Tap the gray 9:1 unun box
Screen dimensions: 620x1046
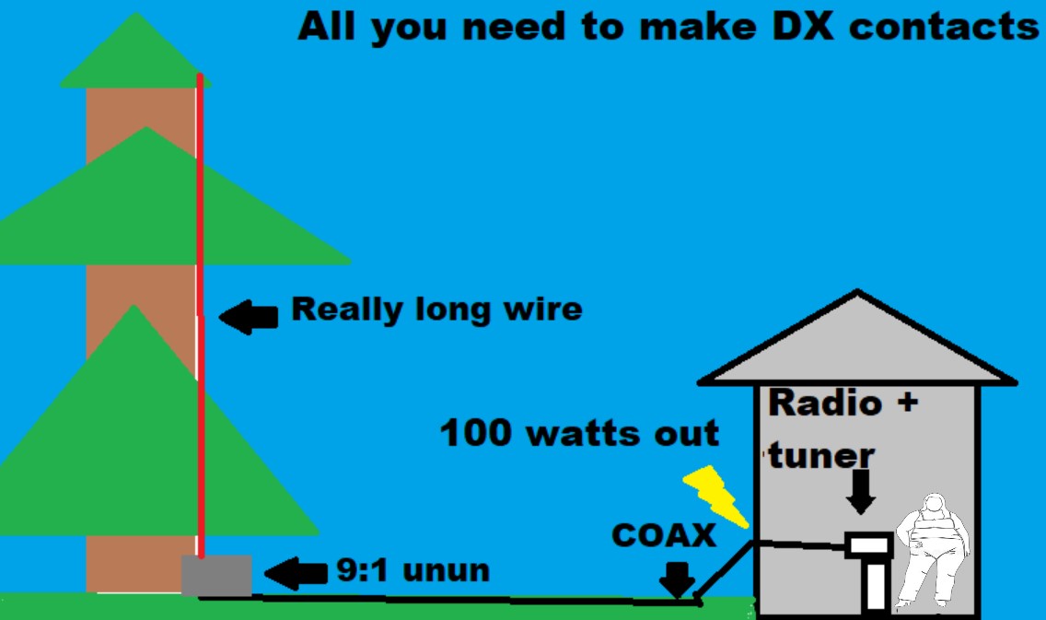pos(216,575)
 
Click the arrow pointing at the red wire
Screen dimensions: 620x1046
pos(249,318)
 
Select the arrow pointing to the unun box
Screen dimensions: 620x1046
pos(296,573)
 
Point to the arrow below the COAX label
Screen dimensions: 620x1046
pos(678,579)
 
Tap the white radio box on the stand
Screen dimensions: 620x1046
pos(868,544)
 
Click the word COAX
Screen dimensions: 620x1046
pos(663,536)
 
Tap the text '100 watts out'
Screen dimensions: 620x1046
pos(580,433)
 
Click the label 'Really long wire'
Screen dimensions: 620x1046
pos(436,309)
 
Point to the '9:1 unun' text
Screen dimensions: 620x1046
pos(412,571)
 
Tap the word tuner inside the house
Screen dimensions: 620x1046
pos(820,454)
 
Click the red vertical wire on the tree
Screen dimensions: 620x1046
pos(200,276)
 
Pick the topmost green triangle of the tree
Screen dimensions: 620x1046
pos(135,55)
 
